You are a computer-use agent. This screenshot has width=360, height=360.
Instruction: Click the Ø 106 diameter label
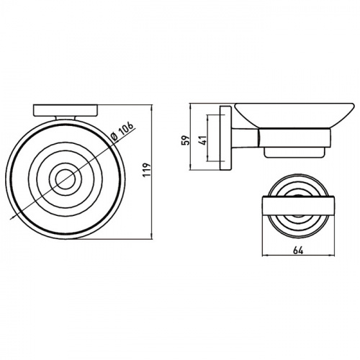(x=122, y=132)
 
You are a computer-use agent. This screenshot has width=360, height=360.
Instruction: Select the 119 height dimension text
(x=147, y=170)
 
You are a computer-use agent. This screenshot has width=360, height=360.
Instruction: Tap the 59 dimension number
(x=186, y=140)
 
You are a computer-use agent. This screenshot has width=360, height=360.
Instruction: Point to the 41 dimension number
(x=203, y=140)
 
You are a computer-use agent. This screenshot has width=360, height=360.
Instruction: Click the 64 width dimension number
(x=298, y=251)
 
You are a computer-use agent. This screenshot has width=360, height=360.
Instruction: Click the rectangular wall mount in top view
(x=66, y=110)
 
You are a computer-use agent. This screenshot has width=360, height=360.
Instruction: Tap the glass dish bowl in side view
(x=294, y=115)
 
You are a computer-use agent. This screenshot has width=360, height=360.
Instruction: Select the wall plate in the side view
(x=225, y=138)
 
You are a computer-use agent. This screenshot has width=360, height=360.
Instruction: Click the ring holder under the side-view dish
(x=294, y=138)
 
